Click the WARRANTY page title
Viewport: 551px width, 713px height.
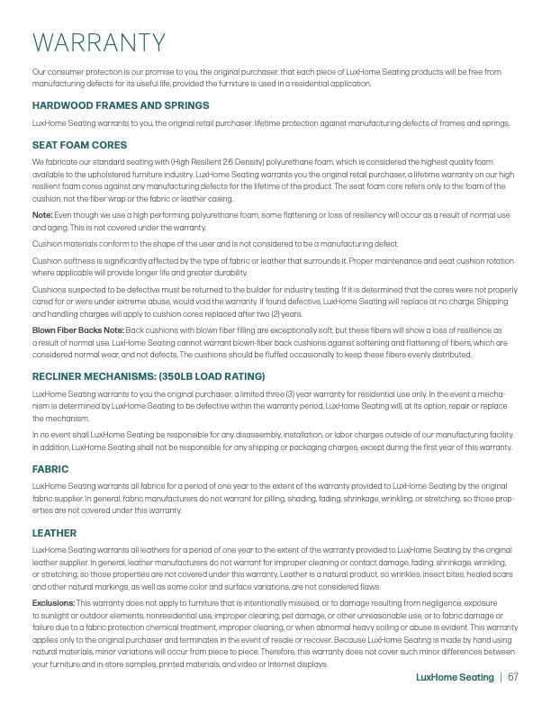[99, 42]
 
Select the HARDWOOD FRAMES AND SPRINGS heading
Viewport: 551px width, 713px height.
[120, 105]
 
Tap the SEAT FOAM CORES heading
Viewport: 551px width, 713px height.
[79, 144]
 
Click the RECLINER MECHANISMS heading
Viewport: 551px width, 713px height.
[148, 375]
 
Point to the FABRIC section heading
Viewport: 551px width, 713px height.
[50, 469]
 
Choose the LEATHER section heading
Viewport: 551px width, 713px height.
[54, 533]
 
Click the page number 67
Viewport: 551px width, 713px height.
[513, 677]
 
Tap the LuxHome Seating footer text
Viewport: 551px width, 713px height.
[455, 677]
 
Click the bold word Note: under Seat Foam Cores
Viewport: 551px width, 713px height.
[42, 215]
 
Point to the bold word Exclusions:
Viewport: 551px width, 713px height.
[53, 601]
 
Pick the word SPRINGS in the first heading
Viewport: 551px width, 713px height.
[187, 105]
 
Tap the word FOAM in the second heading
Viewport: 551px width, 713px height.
[77, 144]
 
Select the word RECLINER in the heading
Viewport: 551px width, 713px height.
[60, 375]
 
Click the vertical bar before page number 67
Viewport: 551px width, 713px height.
[501, 677]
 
